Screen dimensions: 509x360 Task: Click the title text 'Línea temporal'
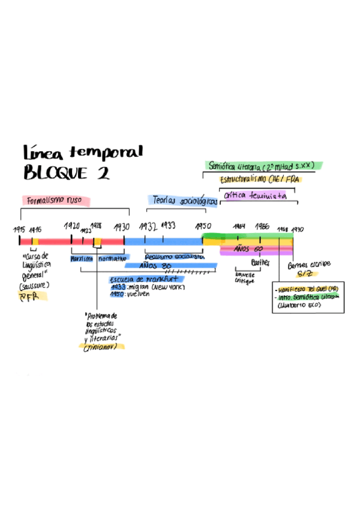coord(83,152)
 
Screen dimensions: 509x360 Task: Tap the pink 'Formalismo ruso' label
coord(55,200)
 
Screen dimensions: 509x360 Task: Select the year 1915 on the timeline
coord(19,229)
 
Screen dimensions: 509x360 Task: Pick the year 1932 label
coord(148,226)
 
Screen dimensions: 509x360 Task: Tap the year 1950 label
coord(203,226)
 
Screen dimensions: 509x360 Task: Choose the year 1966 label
coord(262,227)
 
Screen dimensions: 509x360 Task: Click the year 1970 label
coord(297,229)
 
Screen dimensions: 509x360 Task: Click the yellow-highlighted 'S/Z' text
coord(305,273)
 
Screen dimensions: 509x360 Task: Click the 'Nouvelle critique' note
coord(245,279)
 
